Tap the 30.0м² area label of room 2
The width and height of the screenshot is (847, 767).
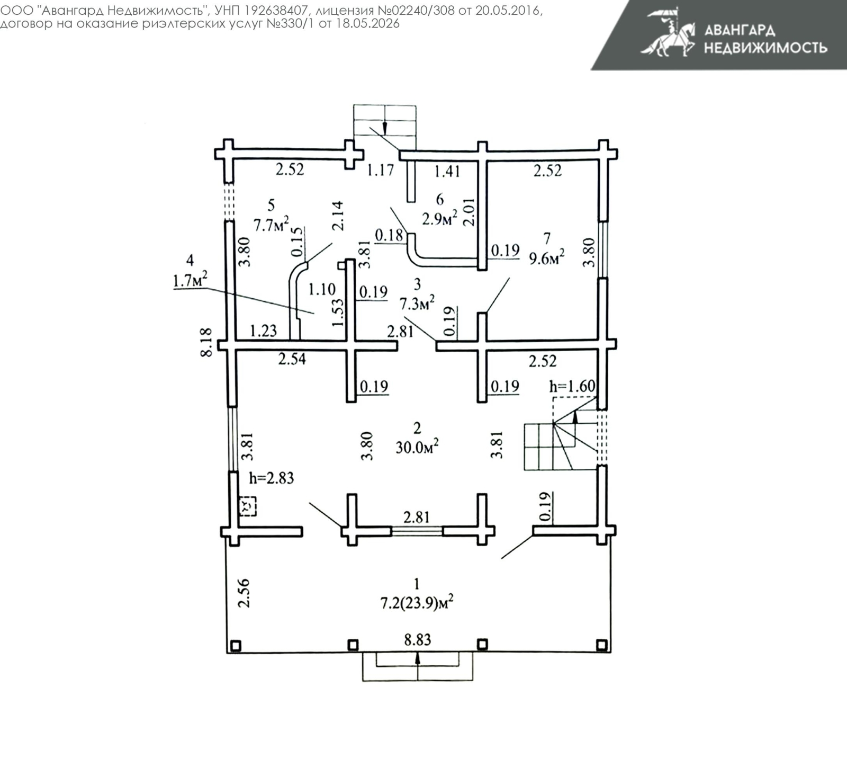[x=417, y=448]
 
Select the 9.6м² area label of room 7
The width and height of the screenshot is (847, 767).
[x=547, y=258]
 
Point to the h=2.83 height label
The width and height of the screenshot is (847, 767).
[x=272, y=478]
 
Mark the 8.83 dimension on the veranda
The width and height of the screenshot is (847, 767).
[x=418, y=639]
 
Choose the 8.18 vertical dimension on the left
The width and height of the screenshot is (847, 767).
[x=206, y=342]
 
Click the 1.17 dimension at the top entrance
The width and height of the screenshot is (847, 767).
[x=381, y=170]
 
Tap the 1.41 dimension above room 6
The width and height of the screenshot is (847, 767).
[x=447, y=171]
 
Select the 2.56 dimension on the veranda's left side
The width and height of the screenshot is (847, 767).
[x=243, y=593]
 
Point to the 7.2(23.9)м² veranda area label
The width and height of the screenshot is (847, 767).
[x=417, y=603]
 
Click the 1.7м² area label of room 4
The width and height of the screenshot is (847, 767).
[x=190, y=279]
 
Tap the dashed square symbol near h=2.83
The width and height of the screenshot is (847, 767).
[x=247, y=506]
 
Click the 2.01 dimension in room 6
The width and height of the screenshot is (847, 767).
[x=469, y=212]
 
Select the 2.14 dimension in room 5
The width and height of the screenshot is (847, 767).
[x=337, y=216]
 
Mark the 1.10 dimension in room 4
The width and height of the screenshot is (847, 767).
[x=322, y=289]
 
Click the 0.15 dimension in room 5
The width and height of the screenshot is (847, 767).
[x=297, y=241]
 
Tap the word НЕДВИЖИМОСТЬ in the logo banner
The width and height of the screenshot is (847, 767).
[x=765, y=48]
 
